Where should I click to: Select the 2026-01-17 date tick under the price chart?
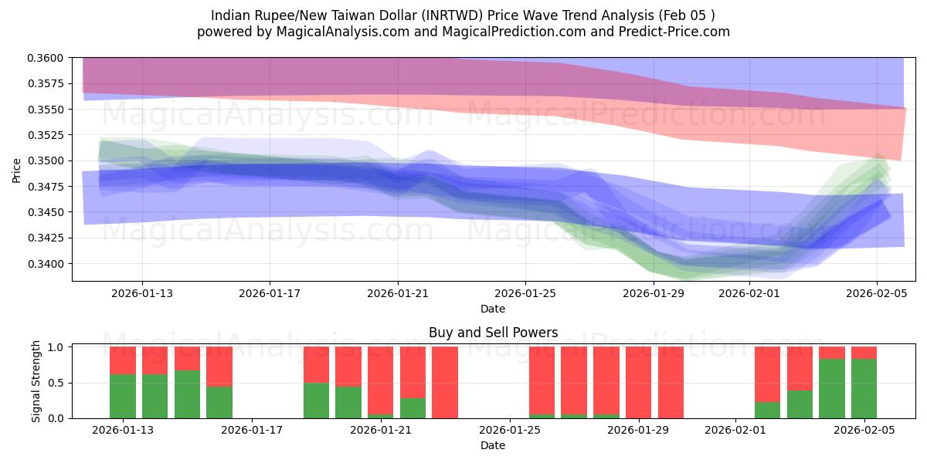pos(270,293)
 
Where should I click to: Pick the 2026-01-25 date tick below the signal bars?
pos(510,431)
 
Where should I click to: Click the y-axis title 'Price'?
pos(17,169)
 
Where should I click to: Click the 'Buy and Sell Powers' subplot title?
pos(493,333)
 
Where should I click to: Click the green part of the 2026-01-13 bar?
pos(123,397)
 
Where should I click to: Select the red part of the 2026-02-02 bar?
pos(767,374)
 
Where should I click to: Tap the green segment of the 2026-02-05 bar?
pos(864,389)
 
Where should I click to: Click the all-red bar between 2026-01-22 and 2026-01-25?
pos(445,383)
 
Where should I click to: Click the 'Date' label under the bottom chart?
pos(493,445)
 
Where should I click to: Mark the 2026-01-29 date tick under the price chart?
pos(654,293)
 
